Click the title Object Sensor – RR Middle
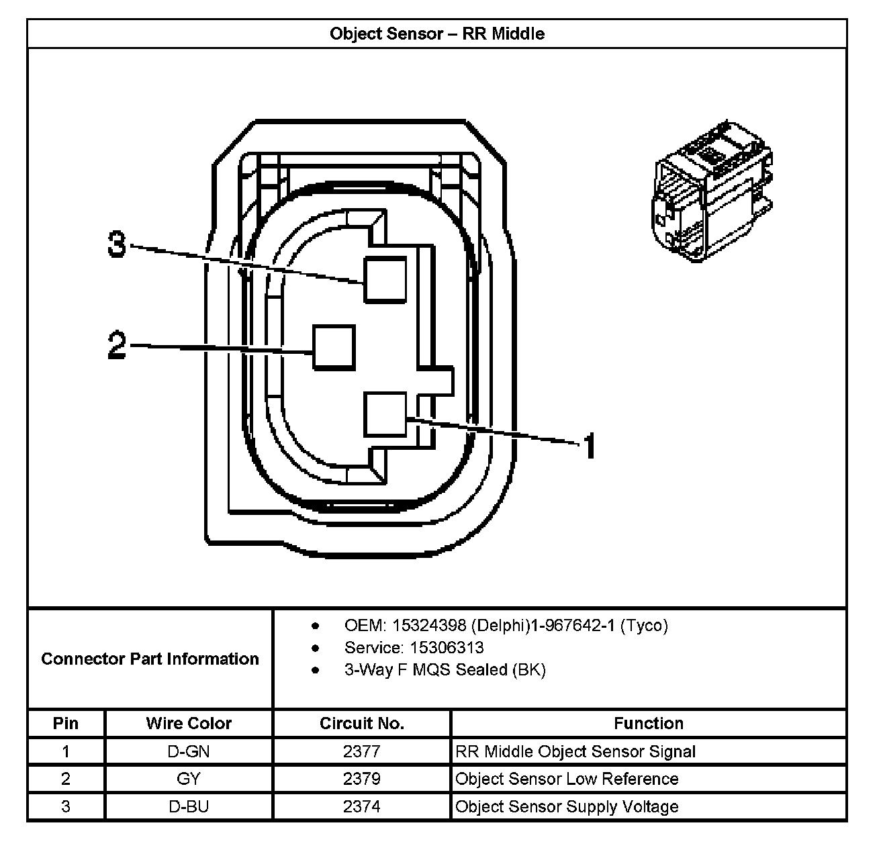[436, 34]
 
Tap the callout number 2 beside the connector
[117, 346]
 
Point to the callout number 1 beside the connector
[589, 446]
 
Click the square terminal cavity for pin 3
[385, 279]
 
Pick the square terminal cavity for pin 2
[334, 347]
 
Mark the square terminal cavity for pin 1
[385, 415]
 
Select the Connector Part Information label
[150, 659]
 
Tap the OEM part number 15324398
[429, 626]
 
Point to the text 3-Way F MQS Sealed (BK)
[445, 670]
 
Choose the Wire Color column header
[189, 723]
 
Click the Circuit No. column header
[361, 723]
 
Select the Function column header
[648, 723]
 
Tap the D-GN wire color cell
[189, 751]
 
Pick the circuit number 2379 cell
[361, 779]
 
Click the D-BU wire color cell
[189, 806]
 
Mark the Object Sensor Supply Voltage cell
[567, 806]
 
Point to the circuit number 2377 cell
[361, 751]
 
